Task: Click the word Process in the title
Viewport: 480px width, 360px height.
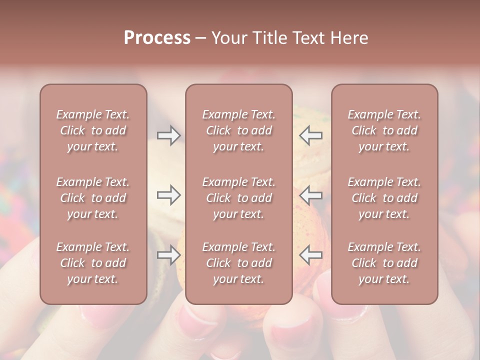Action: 157,38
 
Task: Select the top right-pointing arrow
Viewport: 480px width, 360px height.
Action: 168,135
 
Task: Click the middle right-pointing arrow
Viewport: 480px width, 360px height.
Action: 168,195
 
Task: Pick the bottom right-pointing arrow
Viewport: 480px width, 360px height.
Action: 168,255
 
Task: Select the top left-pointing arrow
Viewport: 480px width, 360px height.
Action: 310,135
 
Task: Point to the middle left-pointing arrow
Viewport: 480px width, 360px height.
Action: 310,195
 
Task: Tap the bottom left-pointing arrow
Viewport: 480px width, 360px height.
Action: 310,255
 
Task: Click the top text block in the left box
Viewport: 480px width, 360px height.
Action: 93,130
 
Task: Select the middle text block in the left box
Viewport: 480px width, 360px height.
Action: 93,198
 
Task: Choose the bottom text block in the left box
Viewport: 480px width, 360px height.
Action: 93,263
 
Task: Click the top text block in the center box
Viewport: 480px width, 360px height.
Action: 238,130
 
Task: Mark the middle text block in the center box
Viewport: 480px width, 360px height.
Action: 238,198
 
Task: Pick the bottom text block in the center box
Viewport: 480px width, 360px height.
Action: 238,263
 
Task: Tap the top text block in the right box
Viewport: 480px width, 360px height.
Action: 384,130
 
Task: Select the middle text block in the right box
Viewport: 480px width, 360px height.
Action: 384,198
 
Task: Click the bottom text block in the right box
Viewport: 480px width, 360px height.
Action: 384,263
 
